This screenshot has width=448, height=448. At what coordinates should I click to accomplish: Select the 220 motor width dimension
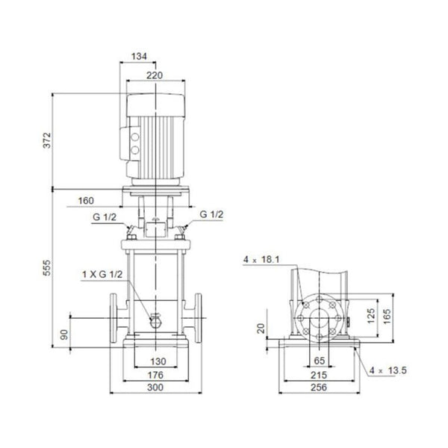click(x=155, y=75)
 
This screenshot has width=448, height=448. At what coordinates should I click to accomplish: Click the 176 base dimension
click(x=155, y=375)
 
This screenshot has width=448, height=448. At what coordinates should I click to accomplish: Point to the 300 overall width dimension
click(x=155, y=388)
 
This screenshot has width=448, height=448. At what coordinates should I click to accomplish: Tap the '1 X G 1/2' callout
click(x=100, y=275)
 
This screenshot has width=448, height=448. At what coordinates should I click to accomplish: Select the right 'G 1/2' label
click(x=211, y=216)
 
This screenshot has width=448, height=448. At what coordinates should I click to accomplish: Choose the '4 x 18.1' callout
click(x=261, y=259)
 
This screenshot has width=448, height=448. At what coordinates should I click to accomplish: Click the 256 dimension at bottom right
click(x=319, y=388)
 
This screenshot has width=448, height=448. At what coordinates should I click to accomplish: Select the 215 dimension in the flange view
click(x=319, y=375)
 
